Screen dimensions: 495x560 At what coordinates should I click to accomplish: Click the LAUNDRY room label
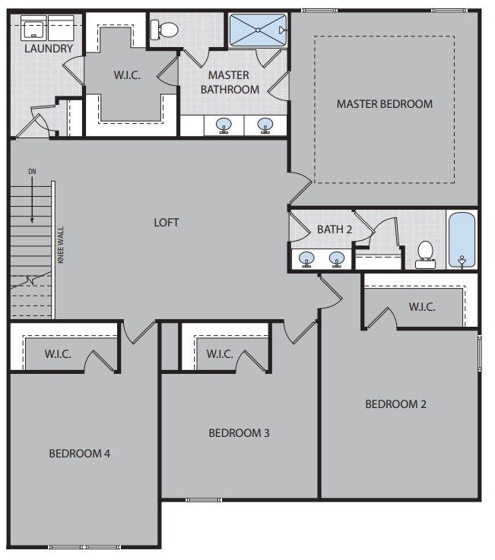click(49, 48)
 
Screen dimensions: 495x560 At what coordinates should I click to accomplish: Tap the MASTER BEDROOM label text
click(385, 104)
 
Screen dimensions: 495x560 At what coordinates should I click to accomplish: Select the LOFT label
click(167, 223)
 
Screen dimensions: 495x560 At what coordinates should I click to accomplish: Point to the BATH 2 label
click(335, 229)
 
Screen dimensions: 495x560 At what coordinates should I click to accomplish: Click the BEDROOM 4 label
click(79, 454)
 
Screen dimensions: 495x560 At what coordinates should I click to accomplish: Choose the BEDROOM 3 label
click(239, 433)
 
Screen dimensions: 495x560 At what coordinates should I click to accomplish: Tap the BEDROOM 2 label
click(395, 404)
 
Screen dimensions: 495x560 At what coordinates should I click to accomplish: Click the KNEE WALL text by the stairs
click(61, 245)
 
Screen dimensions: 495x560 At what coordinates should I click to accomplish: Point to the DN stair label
click(32, 172)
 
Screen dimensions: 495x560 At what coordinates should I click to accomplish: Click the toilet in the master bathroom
click(164, 30)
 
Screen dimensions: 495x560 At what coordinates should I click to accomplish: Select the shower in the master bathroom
click(258, 30)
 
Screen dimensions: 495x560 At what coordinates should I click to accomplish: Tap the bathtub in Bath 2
click(462, 240)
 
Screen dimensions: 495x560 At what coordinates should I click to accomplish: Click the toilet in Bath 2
click(425, 255)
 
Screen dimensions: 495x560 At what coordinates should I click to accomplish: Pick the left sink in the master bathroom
click(224, 125)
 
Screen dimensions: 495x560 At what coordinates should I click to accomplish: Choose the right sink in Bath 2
click(337, 259)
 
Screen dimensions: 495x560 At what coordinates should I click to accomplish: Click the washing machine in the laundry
click(34, 28)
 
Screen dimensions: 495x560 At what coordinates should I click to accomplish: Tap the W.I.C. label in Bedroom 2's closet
click(422, 307)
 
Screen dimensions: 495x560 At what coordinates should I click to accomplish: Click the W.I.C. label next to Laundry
click(127, 75)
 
